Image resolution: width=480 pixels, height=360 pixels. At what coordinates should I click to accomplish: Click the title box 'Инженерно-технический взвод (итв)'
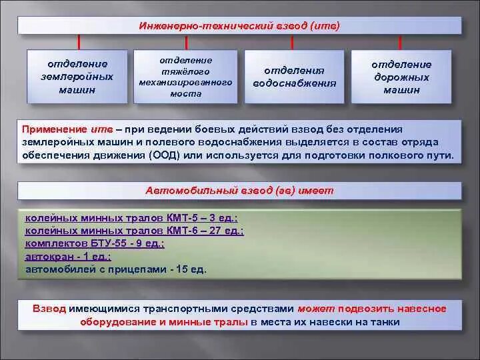(x=239, y=26)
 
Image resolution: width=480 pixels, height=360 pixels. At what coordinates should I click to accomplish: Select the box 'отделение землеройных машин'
(x=77, y=76)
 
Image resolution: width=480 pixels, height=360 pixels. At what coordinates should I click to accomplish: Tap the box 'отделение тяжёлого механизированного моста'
(x=185, y=76)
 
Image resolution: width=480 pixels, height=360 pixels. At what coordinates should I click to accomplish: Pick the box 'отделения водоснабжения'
(x=294, y=77)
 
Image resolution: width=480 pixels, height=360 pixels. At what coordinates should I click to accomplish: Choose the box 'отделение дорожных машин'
(x=401, y=77)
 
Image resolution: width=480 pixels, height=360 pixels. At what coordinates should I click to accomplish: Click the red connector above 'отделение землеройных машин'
(x=79, y=41)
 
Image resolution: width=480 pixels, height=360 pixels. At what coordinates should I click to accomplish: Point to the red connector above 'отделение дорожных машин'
(x=399, y=41)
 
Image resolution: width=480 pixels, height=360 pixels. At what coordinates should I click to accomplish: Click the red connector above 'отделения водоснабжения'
(x=293, y=41)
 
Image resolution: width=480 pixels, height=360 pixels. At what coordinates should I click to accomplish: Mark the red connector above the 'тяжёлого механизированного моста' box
(x=185, y=41)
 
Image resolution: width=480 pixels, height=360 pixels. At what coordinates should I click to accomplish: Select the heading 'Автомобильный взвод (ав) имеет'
(x=239, y=191)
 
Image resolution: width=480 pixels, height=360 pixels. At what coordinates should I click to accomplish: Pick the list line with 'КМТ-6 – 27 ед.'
(x=134, y=231)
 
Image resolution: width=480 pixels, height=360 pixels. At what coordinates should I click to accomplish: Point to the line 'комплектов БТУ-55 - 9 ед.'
(x=94, y=243)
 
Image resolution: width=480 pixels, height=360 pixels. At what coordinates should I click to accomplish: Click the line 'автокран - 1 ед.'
(x=68, y=256)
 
